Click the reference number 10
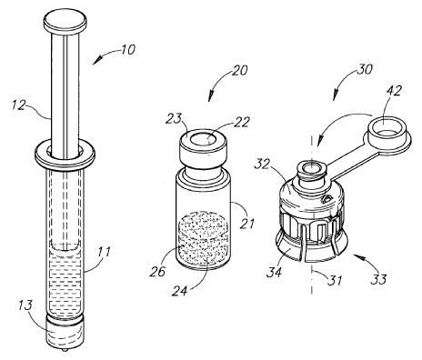click(x=127, y=50)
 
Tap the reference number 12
click(x=19, y=105)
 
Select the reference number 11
click(x=104, y=252)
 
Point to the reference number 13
click(x=25, y=305)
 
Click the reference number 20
click(x=240, y=70)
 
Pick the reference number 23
click(x=173, y=119)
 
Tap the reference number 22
click(x=242, y=122)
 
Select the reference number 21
click(x=247, y=224)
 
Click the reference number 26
click(x=157, y=271)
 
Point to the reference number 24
click(x=180, y=291)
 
